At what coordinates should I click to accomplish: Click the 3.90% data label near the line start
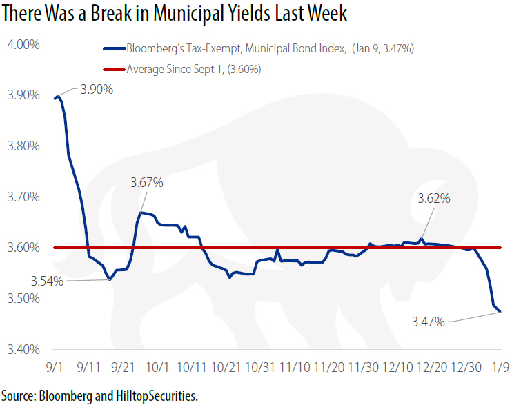(97, 90)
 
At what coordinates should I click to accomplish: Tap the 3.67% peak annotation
(146, 183)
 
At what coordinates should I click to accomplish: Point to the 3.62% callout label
(434, 199)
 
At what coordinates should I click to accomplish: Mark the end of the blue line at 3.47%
(500, 313)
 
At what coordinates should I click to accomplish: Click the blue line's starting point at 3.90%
(55, 98)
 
